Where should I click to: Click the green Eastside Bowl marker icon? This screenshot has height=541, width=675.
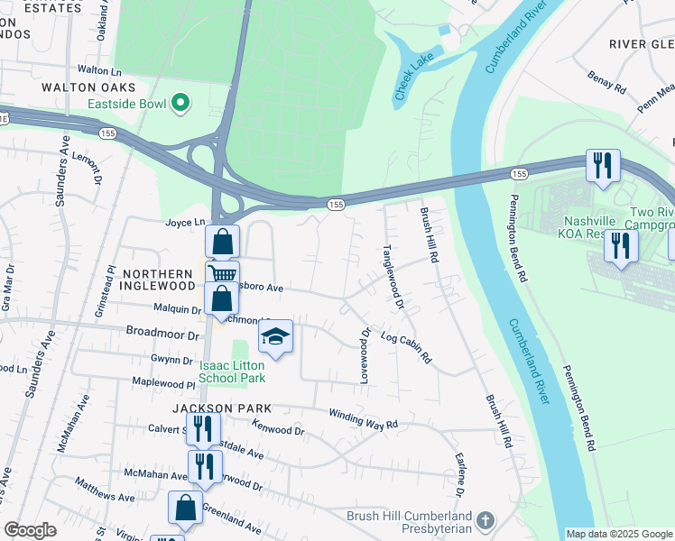pyautogui.click(x=180, y=104)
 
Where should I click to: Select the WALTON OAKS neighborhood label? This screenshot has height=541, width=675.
pyautogui.click(x=88, y=87)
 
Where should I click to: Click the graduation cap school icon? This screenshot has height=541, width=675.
pyautogui.click(x=275, y=338)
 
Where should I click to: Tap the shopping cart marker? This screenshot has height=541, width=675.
pyautogui.click(x=222, y=273)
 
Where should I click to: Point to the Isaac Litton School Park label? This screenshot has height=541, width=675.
pyautogui.click(x=232, y=371)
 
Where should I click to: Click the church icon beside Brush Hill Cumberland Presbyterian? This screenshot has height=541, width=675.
pyautogui.click(x=485, y=520)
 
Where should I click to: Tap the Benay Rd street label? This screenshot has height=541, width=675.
pyautogui.click(x=606, y=84)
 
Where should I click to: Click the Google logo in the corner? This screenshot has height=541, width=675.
pyautogui.click(x=30, y=530)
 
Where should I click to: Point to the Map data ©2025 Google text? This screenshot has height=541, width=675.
pyautogui.click(x=619, y=534)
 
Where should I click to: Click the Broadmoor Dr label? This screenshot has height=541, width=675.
pyautogui.click(x=162, y=334)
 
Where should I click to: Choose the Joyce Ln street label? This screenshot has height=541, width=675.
pyautogui.click(x=185, y=222)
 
